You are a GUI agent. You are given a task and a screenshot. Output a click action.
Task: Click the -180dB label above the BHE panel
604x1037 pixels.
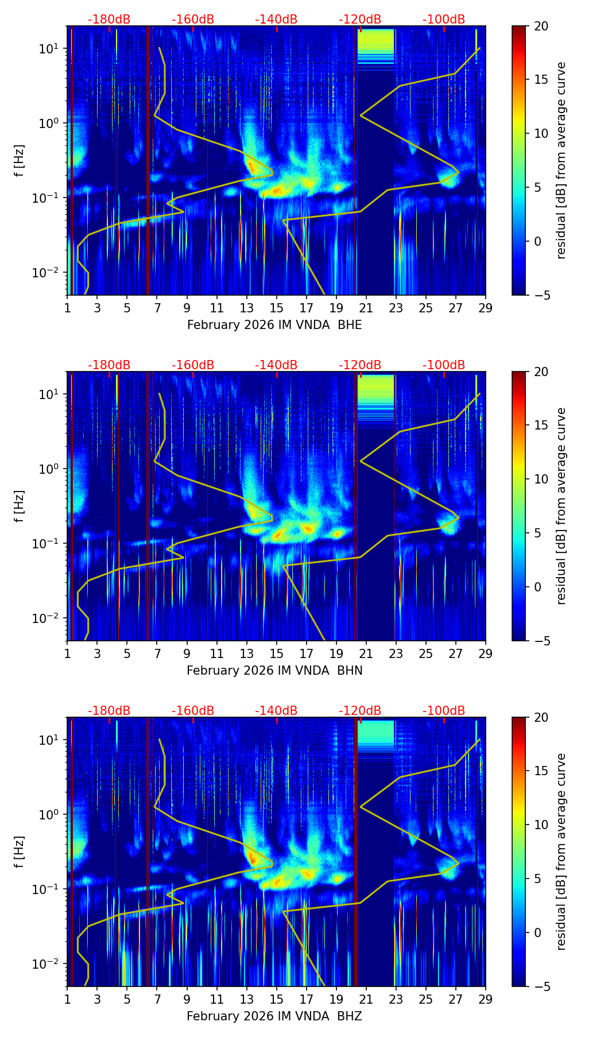coord(109,20)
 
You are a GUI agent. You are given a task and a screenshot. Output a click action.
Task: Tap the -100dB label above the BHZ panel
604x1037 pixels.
coord(444,711)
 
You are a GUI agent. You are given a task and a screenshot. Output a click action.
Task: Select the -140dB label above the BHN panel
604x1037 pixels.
coord(276,365)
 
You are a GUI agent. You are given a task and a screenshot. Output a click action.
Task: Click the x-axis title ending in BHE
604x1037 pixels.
coord(274,325)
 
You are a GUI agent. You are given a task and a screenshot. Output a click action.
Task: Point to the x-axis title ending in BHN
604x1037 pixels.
coord(274,671)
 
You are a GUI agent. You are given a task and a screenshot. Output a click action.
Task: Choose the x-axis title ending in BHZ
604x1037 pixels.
coord(274,1016)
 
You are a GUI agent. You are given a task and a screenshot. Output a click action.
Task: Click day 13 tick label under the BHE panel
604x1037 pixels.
coord(246,308)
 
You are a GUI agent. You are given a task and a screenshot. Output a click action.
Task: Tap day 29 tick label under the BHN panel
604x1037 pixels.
coord(485,653)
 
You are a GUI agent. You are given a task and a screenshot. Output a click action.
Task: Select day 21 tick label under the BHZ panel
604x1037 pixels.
coord(366,999)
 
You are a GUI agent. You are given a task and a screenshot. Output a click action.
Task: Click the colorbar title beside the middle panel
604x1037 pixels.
coord(562,506)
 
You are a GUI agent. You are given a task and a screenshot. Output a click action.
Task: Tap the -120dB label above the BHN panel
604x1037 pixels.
coord(360,365)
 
